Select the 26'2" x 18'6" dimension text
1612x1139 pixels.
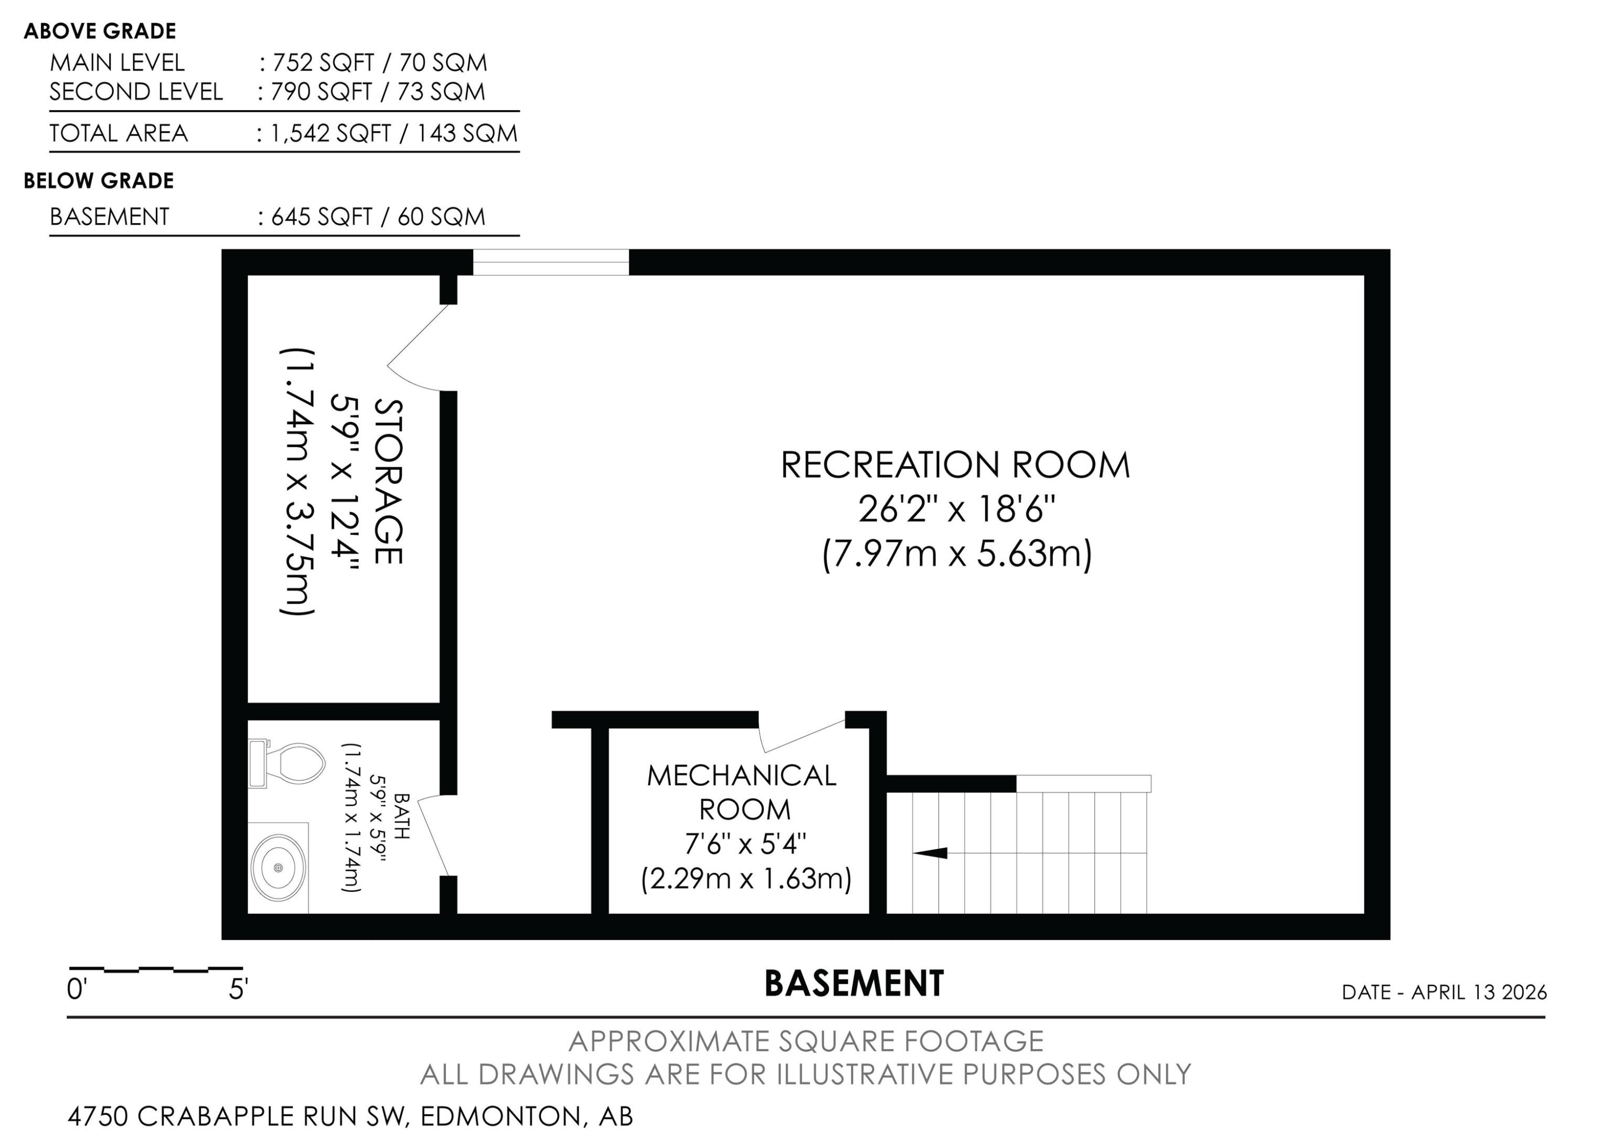(x=956, y=509)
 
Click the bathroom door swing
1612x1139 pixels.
(x=435, y=836)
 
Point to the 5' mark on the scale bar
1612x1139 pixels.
(x=238, y=990)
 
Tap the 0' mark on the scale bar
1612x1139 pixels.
(x=76, y=990)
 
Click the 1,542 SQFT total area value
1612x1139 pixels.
(x=330, y=133)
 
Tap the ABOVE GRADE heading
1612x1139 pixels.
(x=100, y=31)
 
